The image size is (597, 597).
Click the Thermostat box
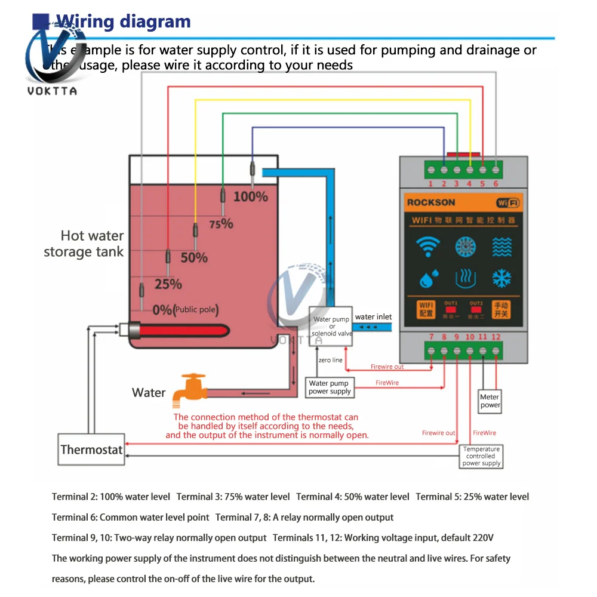(x=91, y=450)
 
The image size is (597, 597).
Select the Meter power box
(x=490, y=401)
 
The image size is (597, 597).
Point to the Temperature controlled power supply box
(x=482, y=456)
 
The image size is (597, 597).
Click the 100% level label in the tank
(x=250, y=196)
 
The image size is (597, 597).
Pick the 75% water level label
(x=220, y=224)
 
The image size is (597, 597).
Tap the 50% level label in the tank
(x=193, y=258)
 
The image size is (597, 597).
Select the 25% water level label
(x=168, y=284)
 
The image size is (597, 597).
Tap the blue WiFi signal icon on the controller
(x=427, y=247)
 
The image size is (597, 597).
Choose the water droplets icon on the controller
(x=427, y=278)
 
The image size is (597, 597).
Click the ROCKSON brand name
(x=431, y=202)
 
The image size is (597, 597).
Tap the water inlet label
(x=374, y=317)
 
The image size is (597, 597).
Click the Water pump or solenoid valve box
(x=331, y=326)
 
